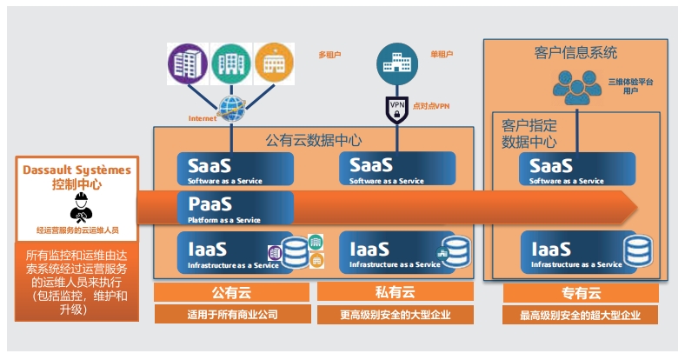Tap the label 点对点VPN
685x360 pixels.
[430, 106]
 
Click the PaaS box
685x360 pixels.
[235, 210]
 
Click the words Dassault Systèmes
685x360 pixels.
[78, 170]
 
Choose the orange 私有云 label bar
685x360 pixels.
[396, 290]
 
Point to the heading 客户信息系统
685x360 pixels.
[575, 53]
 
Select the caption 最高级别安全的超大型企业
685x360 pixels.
[575, 315]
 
